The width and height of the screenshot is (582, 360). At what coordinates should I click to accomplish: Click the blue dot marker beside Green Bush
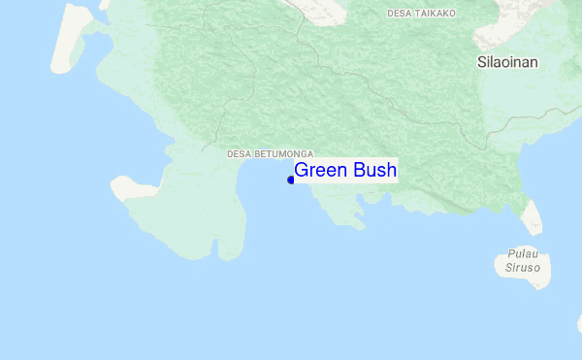click(x=291, y=180)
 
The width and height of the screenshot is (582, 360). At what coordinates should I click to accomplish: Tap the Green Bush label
click(x=345, y=171)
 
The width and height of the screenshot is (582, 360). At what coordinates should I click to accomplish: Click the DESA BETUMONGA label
click(x=270, y=153)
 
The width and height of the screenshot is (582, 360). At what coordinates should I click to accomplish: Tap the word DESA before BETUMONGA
click(x=238, y=153)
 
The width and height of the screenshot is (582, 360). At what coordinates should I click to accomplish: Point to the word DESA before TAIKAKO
click(x=399, y=13)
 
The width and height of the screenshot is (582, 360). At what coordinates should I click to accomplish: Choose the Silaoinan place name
click(x=507, y=61)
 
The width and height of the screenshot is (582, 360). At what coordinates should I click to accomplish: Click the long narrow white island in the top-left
click(x=74, y=39)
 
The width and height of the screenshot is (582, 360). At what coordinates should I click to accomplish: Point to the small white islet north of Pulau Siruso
click(x=531, y=217)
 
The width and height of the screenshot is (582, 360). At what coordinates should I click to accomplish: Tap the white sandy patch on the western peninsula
click(x=131, y=187)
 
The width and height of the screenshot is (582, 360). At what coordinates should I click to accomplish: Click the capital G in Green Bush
click(x=302, y=171)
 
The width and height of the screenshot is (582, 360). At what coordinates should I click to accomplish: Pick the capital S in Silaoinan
click(x=481, y=61)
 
